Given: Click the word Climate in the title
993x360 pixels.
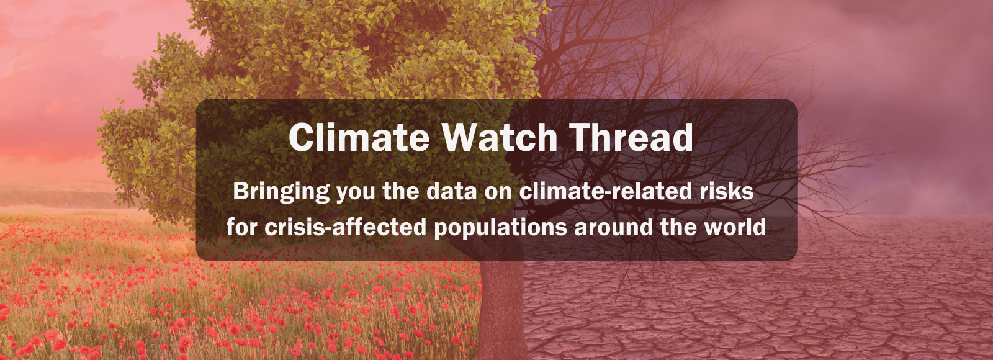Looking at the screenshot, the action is click(359, 137).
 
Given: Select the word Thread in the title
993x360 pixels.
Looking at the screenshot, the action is click(631, 137).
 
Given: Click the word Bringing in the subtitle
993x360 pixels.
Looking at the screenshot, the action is click(281, 192).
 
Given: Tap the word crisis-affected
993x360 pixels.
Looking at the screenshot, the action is click(345, 227).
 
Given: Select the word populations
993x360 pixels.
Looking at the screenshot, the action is click(500, 228).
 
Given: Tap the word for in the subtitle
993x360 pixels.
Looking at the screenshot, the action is click(242, 227).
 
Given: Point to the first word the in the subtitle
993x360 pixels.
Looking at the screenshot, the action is click(400, 191).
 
